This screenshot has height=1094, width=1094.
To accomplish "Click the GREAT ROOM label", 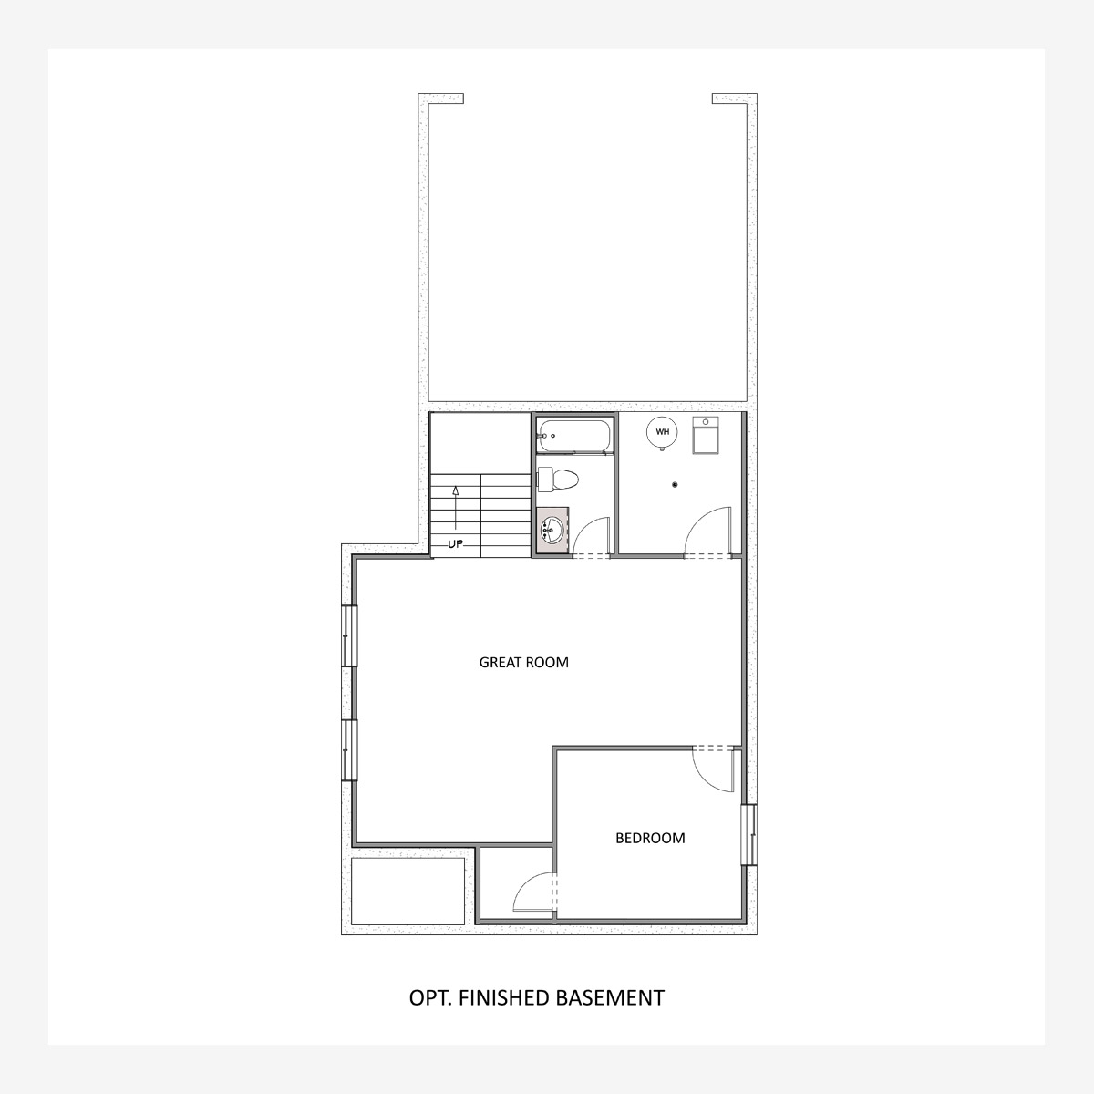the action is pos(523,663).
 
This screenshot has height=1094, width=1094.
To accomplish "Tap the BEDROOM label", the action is pos(650,838).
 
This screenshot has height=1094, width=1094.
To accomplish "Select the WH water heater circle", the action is pos(662,432).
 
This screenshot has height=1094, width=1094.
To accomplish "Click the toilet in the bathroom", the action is pos(557,480).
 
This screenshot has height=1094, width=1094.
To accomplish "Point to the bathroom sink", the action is pos(552,529).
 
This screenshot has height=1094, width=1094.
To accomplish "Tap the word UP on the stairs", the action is pos(455,544).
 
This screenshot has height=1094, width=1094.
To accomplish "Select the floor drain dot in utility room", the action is pos(675,485).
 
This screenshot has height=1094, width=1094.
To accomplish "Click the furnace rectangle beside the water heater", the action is pos(706,435).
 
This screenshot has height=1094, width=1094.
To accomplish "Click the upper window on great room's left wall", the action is pos(350,635).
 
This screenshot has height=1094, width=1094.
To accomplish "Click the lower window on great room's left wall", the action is pos(350,750).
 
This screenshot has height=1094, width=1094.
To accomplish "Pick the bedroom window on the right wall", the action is pos(750,834).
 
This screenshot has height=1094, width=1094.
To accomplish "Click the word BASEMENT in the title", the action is pos(610,998).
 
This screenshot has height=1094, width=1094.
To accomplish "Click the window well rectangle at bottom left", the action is pos(408,892).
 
